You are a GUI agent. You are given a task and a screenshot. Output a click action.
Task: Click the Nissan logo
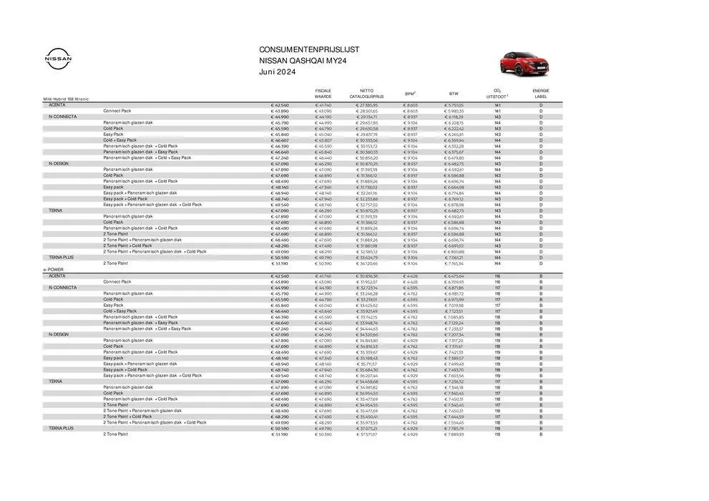pyautogui.click(x=58, y=59)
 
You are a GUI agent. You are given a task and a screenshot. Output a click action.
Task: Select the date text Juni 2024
pyautogui.click(x=276, y=72)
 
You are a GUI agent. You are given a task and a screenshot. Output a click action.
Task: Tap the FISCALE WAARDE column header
pyautogui.click(x=323, y=93)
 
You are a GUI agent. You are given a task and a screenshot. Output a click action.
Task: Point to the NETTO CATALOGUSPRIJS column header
pyautogui.click(x=366, y=93)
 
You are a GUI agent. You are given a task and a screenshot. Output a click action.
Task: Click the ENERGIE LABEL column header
pyautogui.click(x=540, y=93)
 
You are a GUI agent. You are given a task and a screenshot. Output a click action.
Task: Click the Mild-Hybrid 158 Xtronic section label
pyautogui.click(x=66, y=99)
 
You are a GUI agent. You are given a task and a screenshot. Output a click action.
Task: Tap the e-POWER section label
pyautogui.click(x=54, y=270)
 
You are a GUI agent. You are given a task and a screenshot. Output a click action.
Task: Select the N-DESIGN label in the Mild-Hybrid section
pyautogui.click(x=58, y=164)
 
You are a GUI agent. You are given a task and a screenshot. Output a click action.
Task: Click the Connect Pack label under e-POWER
pyautogui.click(x=117, y=281)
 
